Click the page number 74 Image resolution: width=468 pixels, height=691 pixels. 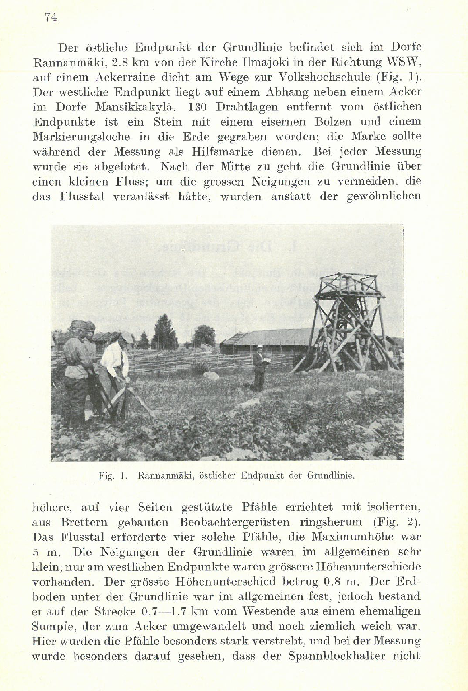pos(51,17)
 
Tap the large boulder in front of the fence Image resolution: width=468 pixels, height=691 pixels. pos(211,376)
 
